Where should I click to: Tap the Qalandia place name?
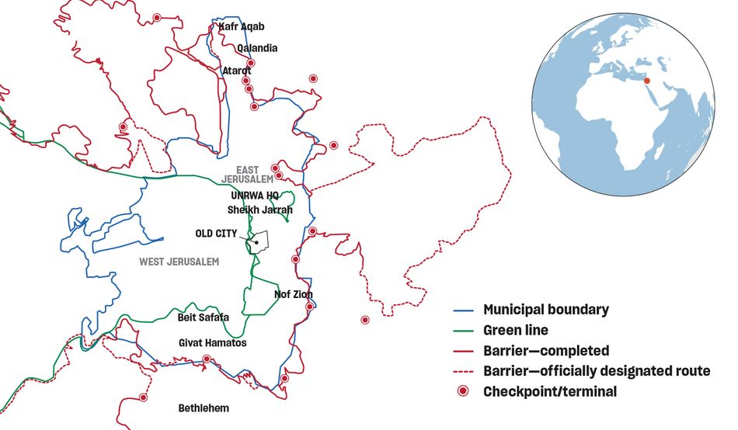[x=257, y=48]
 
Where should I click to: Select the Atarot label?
[x=237, y=71]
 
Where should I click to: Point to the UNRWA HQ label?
[x=254, y=196]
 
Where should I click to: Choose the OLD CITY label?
[x=216, y=233]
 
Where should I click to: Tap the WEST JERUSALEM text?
[x=179, y=262]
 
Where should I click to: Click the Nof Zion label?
[x=294, y=295]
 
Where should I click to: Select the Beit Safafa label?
[x=204, y=317]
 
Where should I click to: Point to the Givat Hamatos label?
[x=212, y=342]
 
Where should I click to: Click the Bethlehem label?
[x=204, y=407]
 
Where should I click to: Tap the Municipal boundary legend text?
[x=545, y=310]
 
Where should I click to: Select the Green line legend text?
[x=515, y=330]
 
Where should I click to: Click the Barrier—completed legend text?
[x=546, y=351]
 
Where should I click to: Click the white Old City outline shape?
[x=260, y=241]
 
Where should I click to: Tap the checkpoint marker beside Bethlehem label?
[x=143, y=397]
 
